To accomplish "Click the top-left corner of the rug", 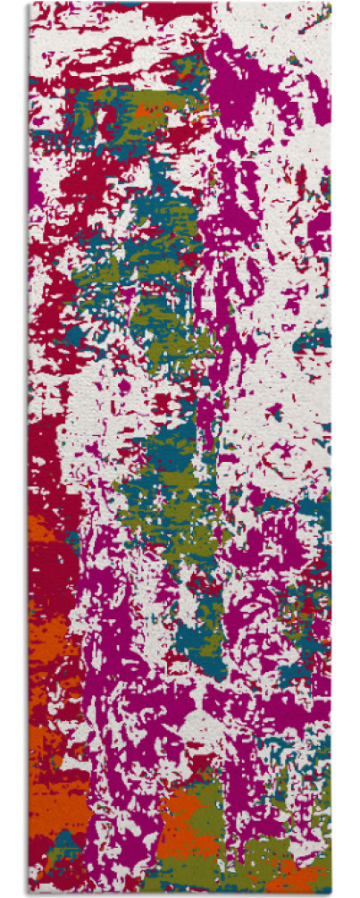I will [x=29, y=3].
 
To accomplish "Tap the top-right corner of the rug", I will [x=330, y=3].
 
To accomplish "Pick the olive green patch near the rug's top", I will [x=134, y=103].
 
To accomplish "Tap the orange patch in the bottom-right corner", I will [x=304, y=871].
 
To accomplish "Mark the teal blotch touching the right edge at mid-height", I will [x=317, y=340].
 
